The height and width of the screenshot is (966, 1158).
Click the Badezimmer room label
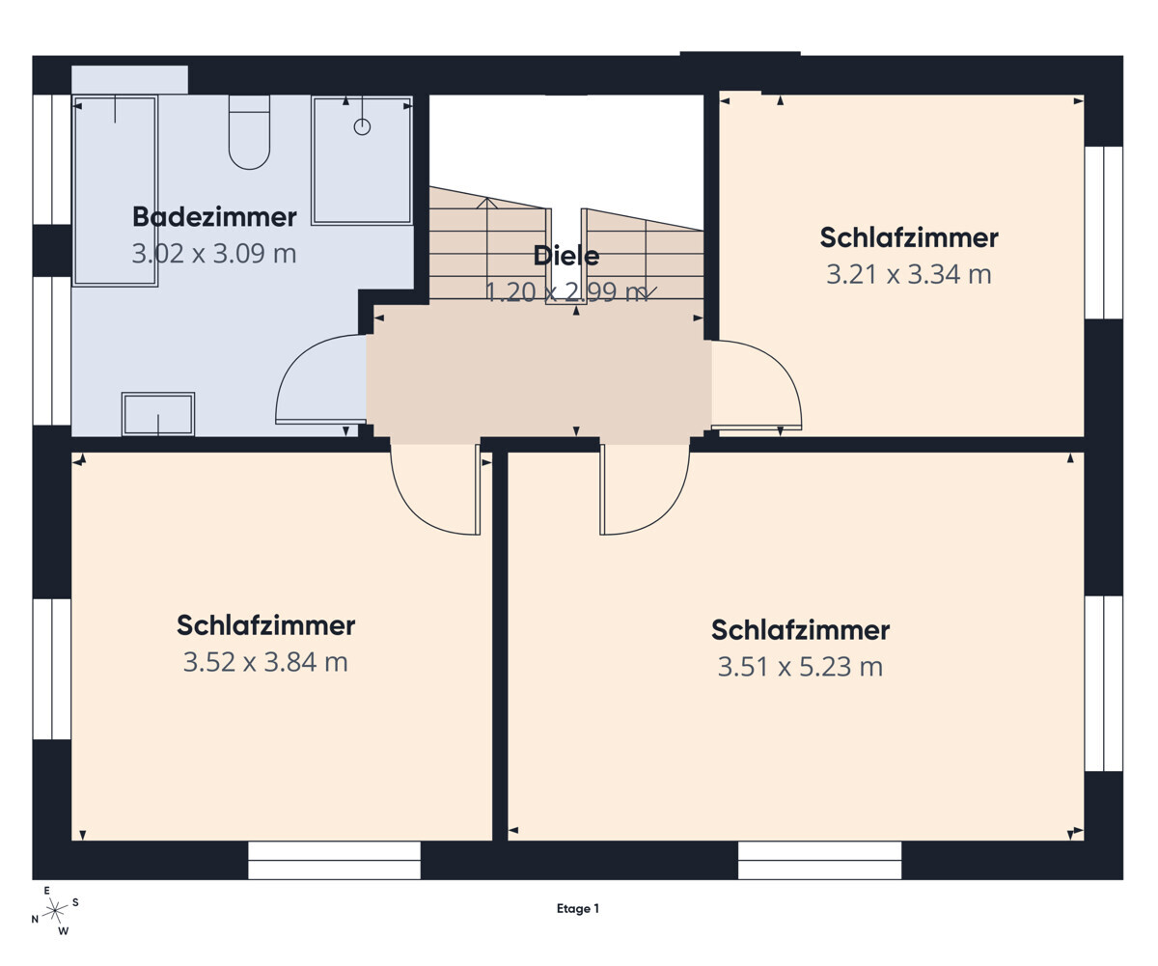pos(213,217)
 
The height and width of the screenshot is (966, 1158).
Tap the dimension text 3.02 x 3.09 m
pos(213,254)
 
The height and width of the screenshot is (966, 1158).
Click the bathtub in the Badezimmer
pos(115,190)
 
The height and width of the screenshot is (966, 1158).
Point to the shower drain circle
pos(362,126)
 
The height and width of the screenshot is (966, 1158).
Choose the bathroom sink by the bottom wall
pos(158,414)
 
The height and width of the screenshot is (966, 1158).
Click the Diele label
pos(566,256)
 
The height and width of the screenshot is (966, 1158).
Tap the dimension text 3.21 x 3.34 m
pos(908,274)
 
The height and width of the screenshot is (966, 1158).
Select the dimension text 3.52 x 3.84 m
pos(265,662)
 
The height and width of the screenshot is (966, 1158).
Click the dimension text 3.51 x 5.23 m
pos(800,667)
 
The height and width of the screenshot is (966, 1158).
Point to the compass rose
pos(55,909)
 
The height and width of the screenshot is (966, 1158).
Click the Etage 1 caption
pos(578,909)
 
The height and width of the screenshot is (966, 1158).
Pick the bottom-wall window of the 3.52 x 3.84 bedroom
pos(334,860)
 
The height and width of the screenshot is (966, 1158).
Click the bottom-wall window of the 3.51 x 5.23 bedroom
pos(819,860)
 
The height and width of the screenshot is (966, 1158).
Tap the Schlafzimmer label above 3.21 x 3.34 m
pos(908,237)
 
